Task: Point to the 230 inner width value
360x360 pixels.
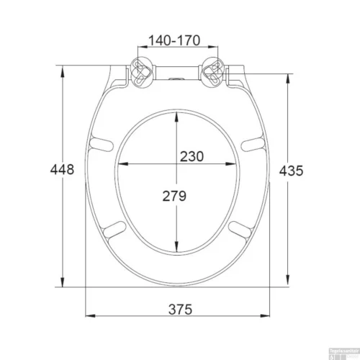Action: click(192, 156)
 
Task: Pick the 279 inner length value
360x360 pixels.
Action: click(175, 195)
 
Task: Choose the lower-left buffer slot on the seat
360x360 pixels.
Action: click(112, 230)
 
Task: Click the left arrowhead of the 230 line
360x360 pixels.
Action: click(120, 165)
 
